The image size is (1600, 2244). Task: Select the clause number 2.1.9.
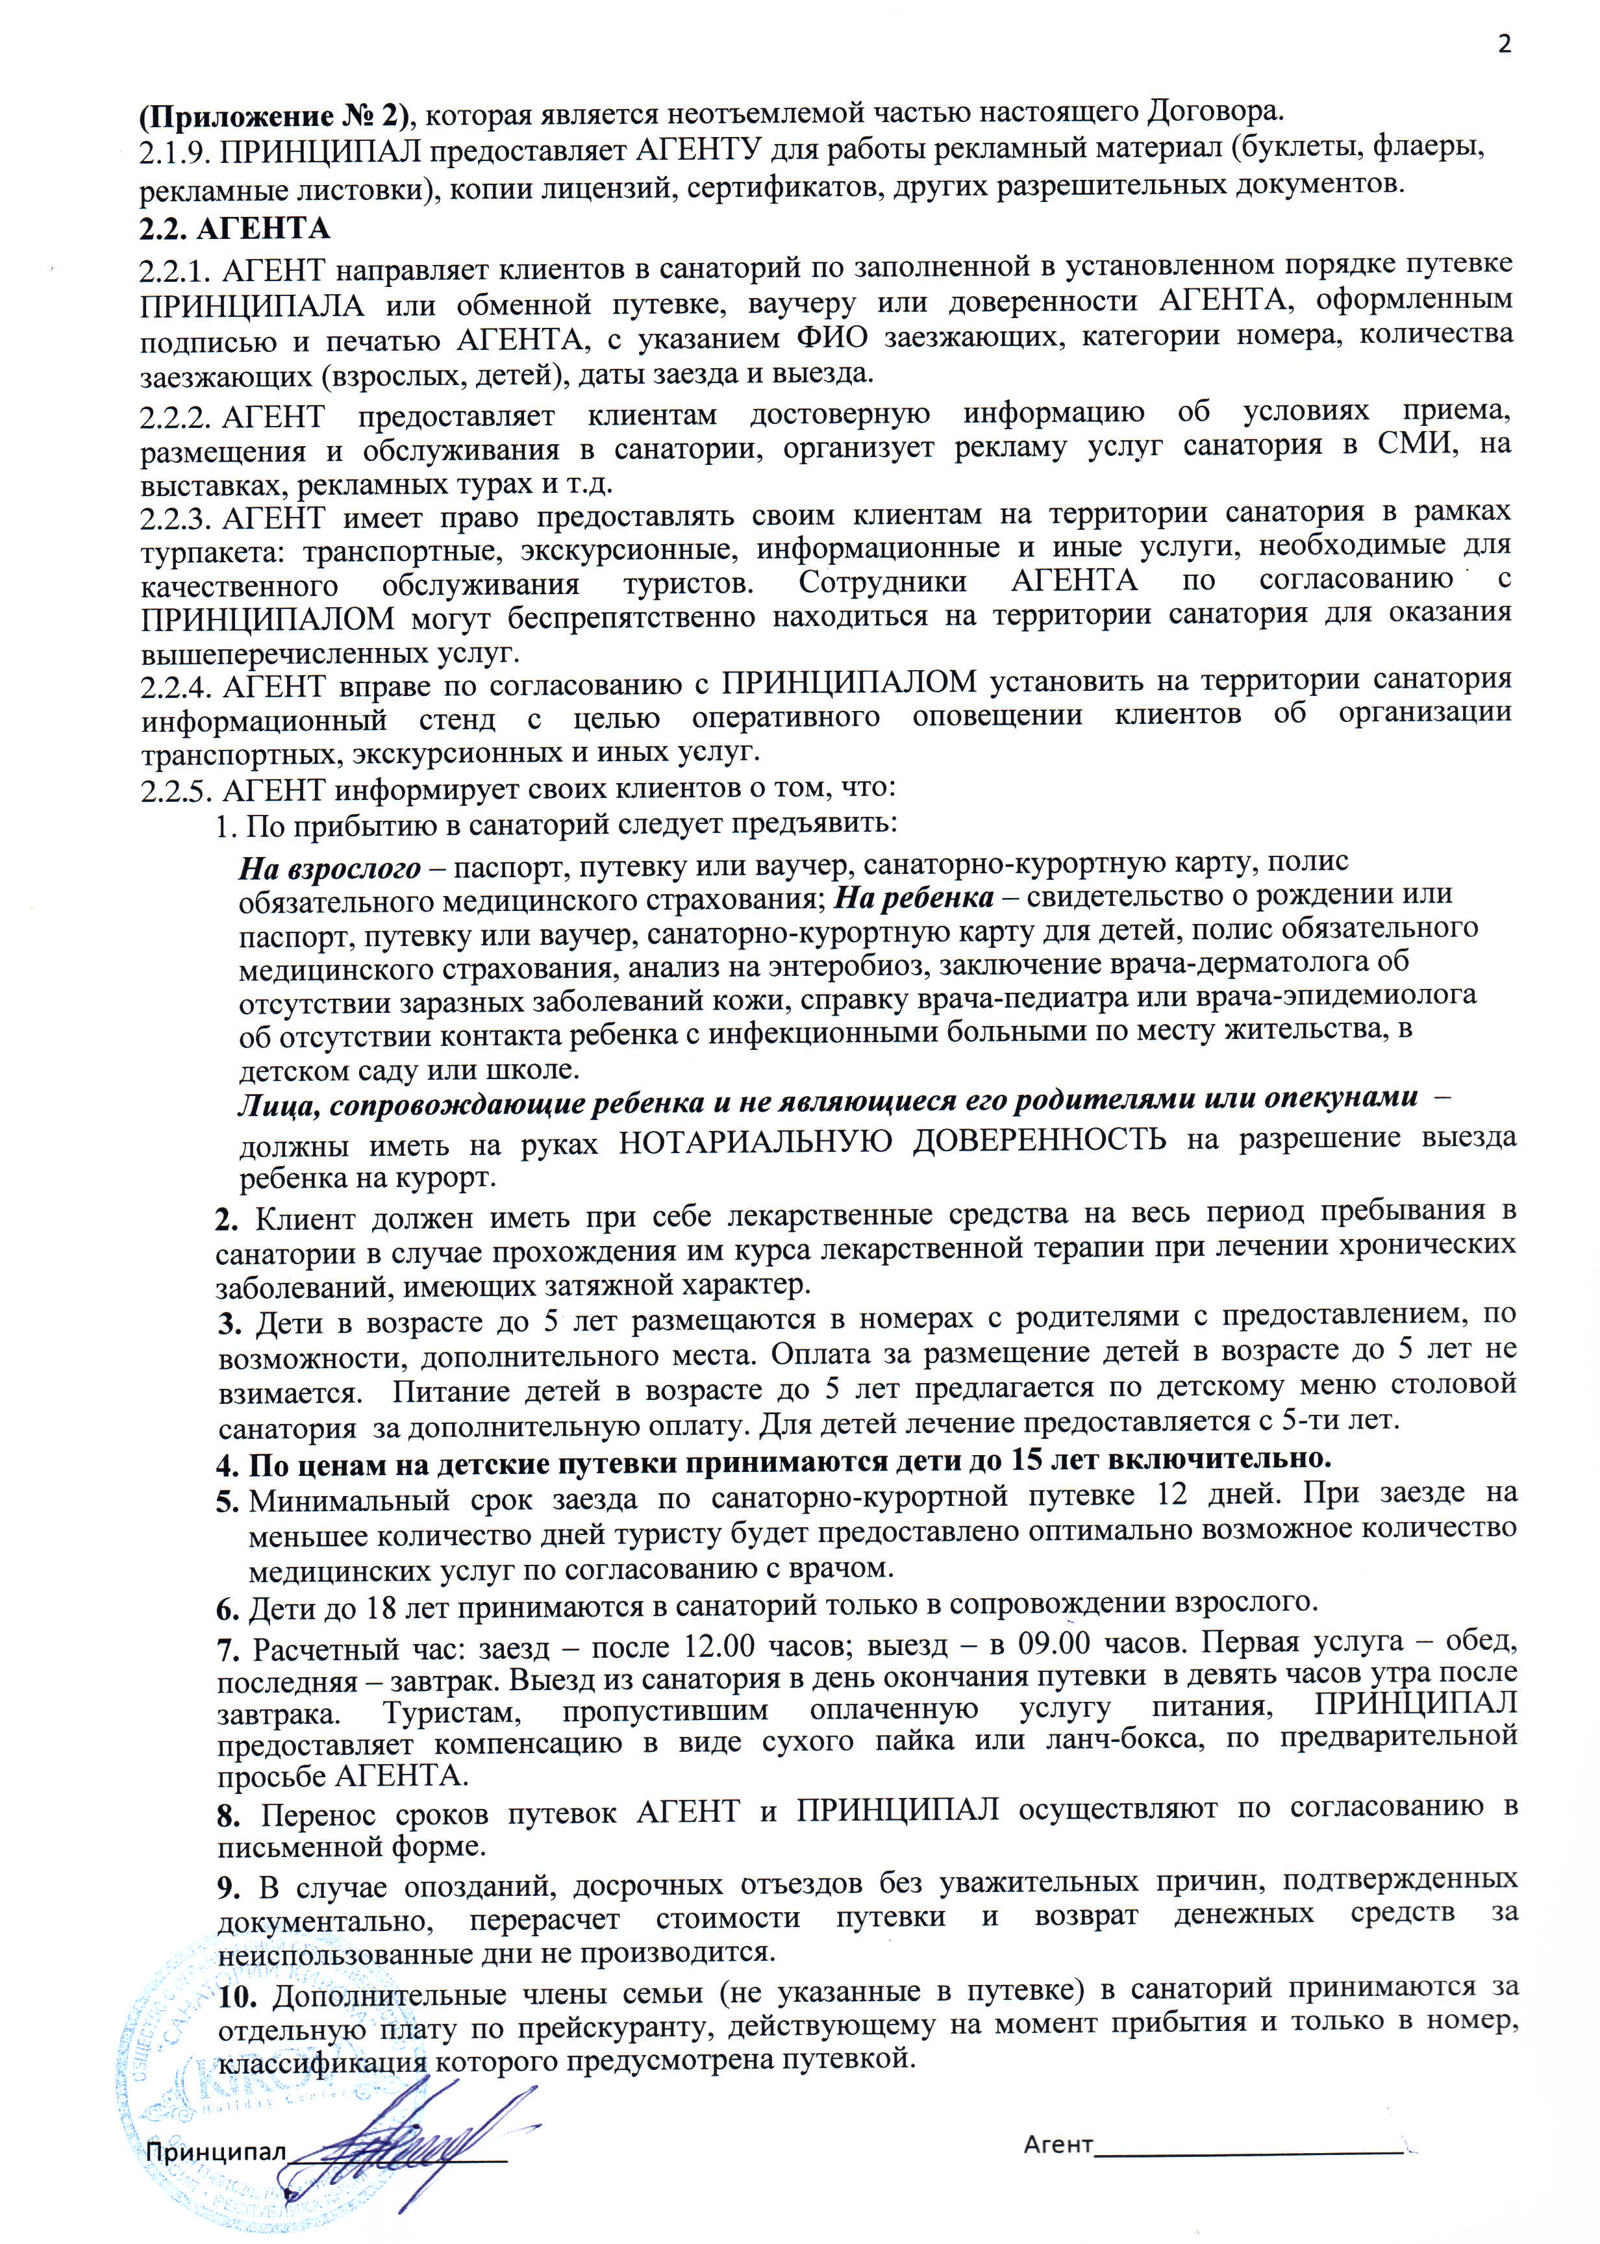click(175, 153)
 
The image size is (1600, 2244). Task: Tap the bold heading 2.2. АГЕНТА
click(234, 229)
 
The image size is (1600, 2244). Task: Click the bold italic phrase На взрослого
click(329, 868)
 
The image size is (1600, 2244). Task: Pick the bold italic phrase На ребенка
click(913, 897)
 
